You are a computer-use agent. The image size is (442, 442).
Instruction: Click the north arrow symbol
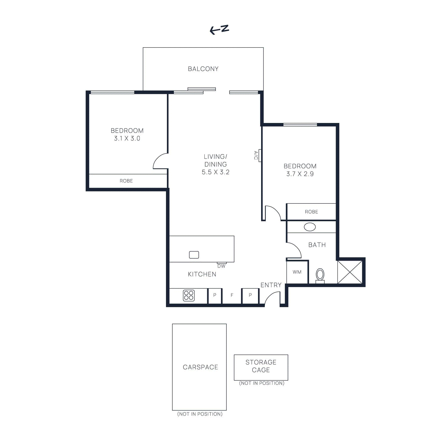(219, 29)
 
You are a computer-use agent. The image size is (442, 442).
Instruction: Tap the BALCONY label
(203, 69)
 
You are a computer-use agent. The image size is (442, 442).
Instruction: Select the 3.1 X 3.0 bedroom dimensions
(127, 138)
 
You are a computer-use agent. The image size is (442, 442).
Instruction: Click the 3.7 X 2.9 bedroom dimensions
(300, 174)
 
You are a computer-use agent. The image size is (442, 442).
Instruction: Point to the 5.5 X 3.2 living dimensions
(215, 172)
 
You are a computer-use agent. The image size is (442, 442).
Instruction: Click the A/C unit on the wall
(260, 155)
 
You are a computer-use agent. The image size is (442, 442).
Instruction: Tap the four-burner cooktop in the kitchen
(189, 295)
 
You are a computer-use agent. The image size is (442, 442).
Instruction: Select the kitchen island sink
(194, 255)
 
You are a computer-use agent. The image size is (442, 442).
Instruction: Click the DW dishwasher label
(221, 266)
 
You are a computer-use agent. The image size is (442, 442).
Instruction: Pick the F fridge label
(232, 295)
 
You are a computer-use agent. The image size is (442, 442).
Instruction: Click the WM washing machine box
(297, 272)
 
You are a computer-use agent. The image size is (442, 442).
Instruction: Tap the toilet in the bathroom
(320, 275)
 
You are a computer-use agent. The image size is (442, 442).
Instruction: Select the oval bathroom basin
(310, 227)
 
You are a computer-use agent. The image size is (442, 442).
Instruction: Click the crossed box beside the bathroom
(350, 272)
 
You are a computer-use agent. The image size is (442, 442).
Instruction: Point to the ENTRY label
(271, 285)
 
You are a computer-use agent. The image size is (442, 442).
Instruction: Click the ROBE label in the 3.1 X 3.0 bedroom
(126, 181)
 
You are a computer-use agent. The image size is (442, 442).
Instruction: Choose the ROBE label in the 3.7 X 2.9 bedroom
(311, 212)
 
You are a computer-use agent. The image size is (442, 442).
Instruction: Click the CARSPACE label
(200, 367)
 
